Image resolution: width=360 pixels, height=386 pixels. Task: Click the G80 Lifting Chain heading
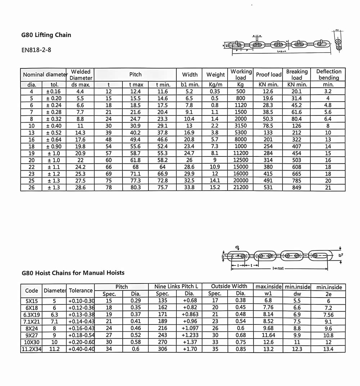click(x=46, y=35)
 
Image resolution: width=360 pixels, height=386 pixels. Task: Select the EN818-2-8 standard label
click(x=36, y=50)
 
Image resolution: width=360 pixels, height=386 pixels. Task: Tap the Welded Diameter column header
click(x=81, y=75)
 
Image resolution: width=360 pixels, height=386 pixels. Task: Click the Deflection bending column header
click(x=329, y=74)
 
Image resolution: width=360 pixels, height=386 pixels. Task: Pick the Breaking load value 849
click(x=297, y=187)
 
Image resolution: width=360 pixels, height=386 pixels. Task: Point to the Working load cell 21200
click(x=241, y=187)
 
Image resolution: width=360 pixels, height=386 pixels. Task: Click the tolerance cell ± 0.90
click(x=53, y=146)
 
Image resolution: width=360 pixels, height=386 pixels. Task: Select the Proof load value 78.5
click(x=268, y=126)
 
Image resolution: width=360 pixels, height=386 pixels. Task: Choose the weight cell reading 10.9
click(x=215, y=167)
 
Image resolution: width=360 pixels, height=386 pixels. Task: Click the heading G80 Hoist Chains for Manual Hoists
click(x=73, y=273)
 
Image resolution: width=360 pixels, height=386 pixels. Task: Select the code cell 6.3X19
click(x=32, y=314)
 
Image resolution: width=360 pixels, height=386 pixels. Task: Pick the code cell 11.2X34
click(x=32, y=349)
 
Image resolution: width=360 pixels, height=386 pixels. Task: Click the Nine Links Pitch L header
click(x=176, y=287)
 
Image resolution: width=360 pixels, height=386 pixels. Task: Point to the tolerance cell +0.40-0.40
click(x=81, y=349)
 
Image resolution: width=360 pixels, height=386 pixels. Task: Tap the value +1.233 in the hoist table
click(x=189, y=335)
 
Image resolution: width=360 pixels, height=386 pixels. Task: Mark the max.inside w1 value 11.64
click(x=268, y=335)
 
